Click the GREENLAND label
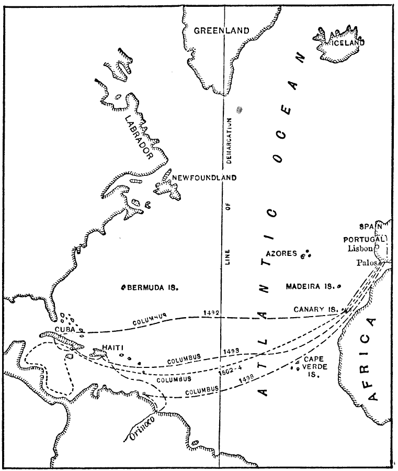[x=222, y=31]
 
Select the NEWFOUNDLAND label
[x=204, y=177]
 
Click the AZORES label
[x=282, y=253]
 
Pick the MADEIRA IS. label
[x=310, y=286]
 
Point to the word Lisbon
[x=361, y=249]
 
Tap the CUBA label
[x=65, y=329]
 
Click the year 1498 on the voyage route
[x=231, y=382]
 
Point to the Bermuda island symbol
[x=124, y=287]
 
